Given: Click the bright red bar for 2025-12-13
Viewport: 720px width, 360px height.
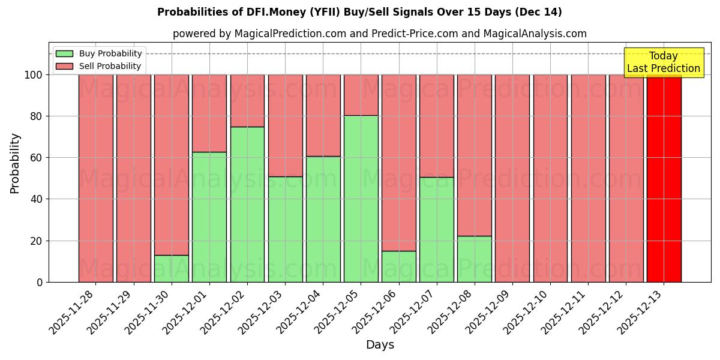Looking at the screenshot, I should tap(664, 178).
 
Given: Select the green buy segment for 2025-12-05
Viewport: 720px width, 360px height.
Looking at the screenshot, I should tap(361, 199).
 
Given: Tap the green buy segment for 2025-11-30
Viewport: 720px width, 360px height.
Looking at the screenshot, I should tap(172, 268).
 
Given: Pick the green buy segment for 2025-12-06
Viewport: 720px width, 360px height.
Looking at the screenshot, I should tap(399, 266).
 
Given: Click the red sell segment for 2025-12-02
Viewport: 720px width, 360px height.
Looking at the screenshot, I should tap(247, 100).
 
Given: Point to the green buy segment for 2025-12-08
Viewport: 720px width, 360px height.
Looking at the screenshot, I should tap(475, 259).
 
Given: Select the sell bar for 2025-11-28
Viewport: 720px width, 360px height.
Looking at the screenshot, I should tap(96, 178).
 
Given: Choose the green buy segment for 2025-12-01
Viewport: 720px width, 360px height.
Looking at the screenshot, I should tap(209, 217).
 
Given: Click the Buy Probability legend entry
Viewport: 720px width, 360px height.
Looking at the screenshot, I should tap(99, 53).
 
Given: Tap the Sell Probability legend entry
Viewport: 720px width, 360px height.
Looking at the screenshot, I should tap(99, 66).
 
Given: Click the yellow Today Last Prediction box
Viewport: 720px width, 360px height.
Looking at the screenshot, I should tap(664, 62).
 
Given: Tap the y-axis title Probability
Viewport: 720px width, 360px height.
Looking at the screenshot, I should tap(15, 163).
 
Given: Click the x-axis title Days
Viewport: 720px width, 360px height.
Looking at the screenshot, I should tap(380, 345).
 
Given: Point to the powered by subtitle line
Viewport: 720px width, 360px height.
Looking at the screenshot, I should tap(380, 34).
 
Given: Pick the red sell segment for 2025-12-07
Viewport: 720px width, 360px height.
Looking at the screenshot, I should tap(437, 125).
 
